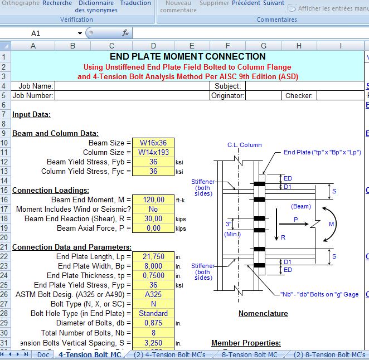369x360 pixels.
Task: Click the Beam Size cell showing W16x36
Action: point(153,143)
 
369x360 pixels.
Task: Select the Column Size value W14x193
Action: point(153,153)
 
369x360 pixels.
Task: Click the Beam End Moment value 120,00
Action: point(153,200)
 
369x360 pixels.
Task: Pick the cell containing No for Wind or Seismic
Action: point(153,210)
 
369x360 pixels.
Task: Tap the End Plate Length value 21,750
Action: point(153,256)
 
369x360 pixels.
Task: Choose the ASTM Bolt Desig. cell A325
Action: point(153,294)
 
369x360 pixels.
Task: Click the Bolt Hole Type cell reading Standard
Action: point(153,313)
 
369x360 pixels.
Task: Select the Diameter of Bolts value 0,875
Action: point(153,323)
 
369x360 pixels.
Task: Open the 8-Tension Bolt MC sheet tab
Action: point(250,354)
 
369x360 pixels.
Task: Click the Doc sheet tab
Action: point(43,354)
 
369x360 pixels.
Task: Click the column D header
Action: point(153,46)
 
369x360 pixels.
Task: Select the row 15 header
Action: point(5,191)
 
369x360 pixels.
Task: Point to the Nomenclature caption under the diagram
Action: point(263,314)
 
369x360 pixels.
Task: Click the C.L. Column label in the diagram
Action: point(244,145)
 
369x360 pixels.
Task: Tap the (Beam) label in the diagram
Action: point(301,206)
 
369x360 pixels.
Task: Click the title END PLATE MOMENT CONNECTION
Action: point(187,56)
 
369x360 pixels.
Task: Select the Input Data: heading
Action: point(31,115)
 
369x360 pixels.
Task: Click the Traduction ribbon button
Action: point(135,3)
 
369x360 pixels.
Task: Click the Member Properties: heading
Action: point(246,343)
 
